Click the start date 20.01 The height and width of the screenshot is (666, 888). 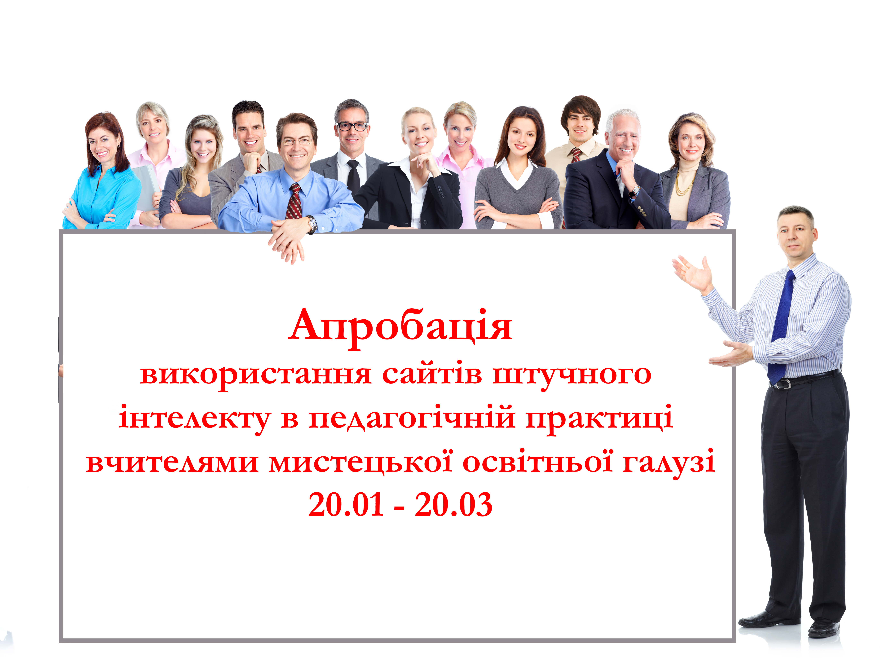346,505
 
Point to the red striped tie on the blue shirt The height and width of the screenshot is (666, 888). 294,202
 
